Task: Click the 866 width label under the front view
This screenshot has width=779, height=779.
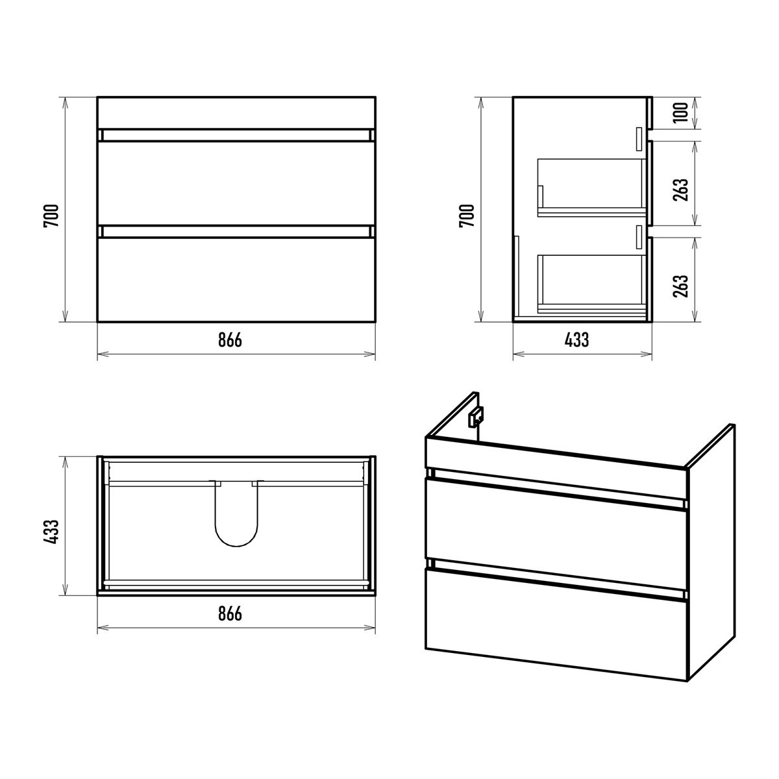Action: point(230,340)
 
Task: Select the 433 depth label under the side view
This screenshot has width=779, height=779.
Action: point(577,340)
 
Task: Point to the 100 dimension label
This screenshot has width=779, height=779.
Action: point(681,112)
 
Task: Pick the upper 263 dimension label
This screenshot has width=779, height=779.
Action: point(681,190)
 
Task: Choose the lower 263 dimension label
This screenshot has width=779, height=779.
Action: point(681,286)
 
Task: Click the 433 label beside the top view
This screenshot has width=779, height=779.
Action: point(51,531)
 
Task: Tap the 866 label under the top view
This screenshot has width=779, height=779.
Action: point(230,613)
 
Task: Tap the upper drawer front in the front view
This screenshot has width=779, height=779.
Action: point(236,182)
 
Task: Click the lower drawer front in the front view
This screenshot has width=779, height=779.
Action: point(236,279)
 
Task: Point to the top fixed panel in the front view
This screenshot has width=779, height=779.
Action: point(236,113)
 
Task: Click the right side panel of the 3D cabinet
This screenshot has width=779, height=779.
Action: point(711,552)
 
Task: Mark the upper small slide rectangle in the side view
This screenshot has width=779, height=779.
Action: point(639,139)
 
